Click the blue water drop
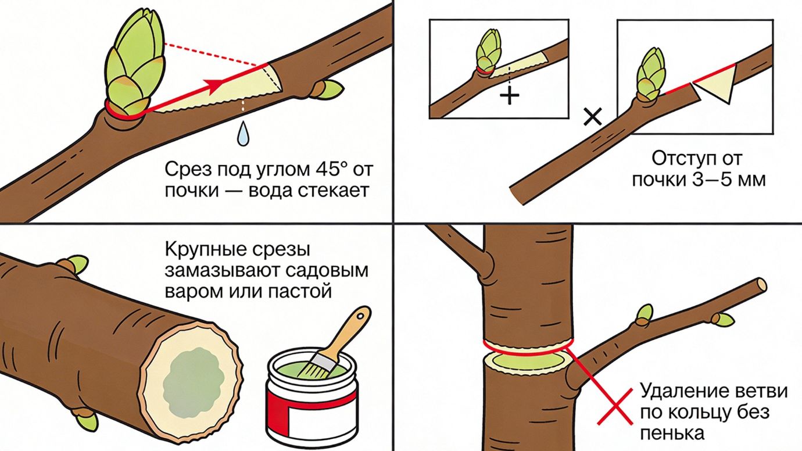click(242, 135)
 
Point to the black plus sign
click(510, 95)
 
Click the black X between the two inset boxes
click(592, 117)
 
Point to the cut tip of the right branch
click(761, 284)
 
